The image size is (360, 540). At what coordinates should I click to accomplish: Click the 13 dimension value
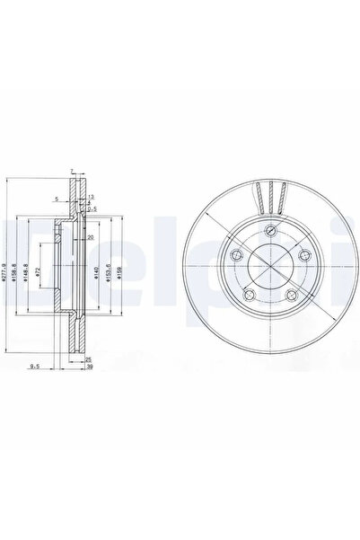point(91,195)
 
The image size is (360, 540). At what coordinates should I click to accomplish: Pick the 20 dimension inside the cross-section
point(91,236)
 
